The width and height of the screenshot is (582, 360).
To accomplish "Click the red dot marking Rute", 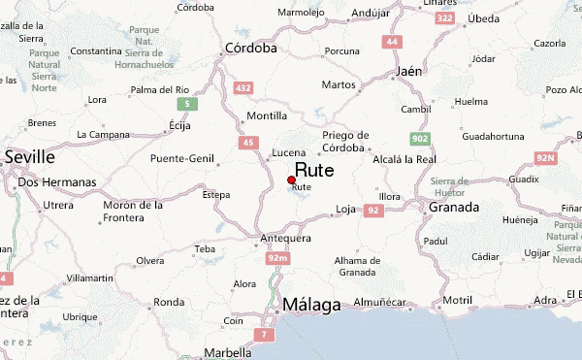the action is coord(292,180).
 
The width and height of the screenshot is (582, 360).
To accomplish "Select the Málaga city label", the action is coord(311,306).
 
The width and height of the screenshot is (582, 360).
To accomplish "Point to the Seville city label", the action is coord(29,156).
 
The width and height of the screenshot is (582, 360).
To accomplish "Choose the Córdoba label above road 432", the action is coord(250,48).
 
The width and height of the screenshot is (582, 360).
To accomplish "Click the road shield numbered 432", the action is coord(243,88).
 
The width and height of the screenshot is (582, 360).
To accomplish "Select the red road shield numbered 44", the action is coord(392,42).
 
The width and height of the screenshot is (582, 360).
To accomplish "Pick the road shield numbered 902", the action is coord(420,139).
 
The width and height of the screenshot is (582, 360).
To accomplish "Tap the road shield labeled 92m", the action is coord(277,257).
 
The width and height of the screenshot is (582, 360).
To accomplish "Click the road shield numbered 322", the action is coord(444,17).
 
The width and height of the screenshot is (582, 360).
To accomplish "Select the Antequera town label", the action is coord(285,238).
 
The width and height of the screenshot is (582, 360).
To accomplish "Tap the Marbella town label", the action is coord(226,353).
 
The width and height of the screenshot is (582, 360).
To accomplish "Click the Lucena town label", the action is coord(289,152).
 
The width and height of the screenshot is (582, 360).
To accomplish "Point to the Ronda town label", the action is coord(169,301).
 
